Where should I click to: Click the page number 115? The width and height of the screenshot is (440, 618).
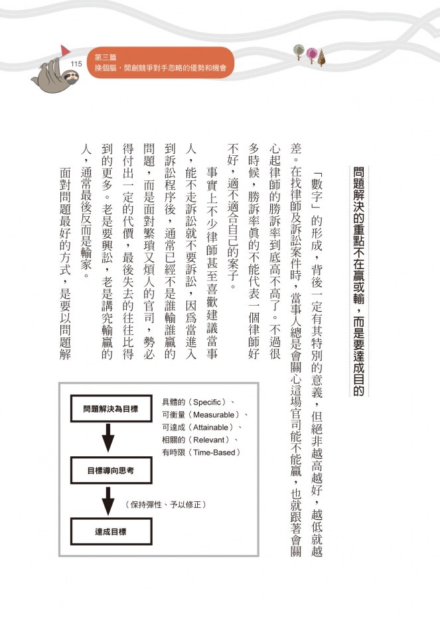[x=75, y=63]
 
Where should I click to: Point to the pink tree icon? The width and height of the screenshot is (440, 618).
[x=310, y=52]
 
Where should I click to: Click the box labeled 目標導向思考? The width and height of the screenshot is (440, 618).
[x=110, y=471]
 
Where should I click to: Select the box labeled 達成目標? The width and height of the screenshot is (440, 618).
[x=110, y=531]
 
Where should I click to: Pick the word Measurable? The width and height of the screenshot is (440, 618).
[x=212, y=414]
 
